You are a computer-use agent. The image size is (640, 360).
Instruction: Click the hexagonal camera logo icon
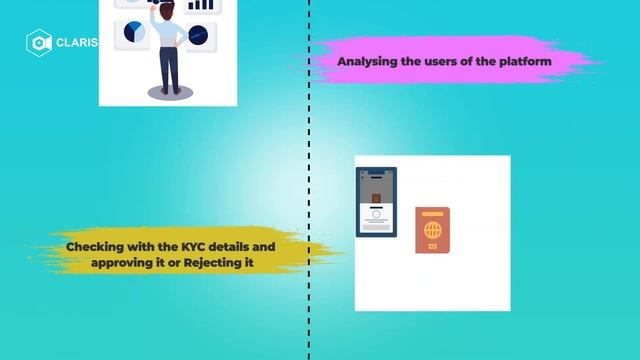click(39, 43)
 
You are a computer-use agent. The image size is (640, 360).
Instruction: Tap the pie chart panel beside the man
click(133, 33)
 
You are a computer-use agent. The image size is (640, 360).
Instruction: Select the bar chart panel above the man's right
click(201, 5)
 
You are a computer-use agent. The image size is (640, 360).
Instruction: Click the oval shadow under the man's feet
click(170, 92)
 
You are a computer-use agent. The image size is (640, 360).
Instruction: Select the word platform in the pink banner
click(526, 62)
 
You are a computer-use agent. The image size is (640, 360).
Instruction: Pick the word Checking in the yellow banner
click(97, 245)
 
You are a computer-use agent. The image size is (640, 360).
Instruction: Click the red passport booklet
click(432, 230)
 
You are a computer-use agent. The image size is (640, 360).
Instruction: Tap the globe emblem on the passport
click(432, 230)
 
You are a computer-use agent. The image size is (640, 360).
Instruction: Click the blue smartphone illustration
click(377, 201)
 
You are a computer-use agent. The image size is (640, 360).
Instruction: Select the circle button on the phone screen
click(376, 214)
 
